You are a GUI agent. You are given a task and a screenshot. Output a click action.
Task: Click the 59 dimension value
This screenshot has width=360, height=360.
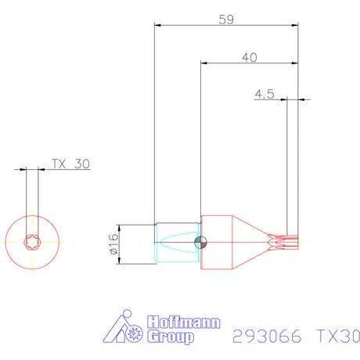[x=226, y=20]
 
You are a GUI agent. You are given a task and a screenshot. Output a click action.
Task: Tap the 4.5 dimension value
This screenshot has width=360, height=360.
[x=264, y=94]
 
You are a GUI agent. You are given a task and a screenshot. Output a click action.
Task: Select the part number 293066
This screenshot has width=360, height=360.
[x=268, y=337]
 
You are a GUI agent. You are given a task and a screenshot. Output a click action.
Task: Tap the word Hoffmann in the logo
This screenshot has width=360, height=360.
[x=184, y=323]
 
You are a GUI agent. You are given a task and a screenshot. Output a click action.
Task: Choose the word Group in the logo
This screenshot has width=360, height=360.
[x=172, y=338]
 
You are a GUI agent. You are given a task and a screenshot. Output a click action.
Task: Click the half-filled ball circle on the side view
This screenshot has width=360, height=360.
[x=202, y=242]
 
